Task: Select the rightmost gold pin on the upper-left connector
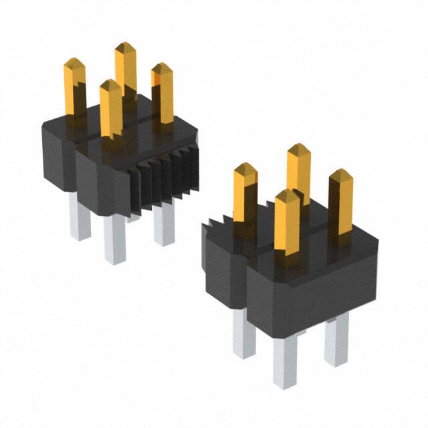click(x=163, y=90)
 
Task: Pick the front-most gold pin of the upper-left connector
click(x=111, y=107)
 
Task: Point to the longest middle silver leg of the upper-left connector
click(x=114, y=237)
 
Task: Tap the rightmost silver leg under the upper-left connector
click(x=163, y=224)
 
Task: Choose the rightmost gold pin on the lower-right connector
click(x=342, y=201)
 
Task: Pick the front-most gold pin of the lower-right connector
click(x=287, y=224)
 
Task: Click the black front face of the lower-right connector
click(x=308, y=288)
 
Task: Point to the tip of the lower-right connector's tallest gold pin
click(x=298, y=148)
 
